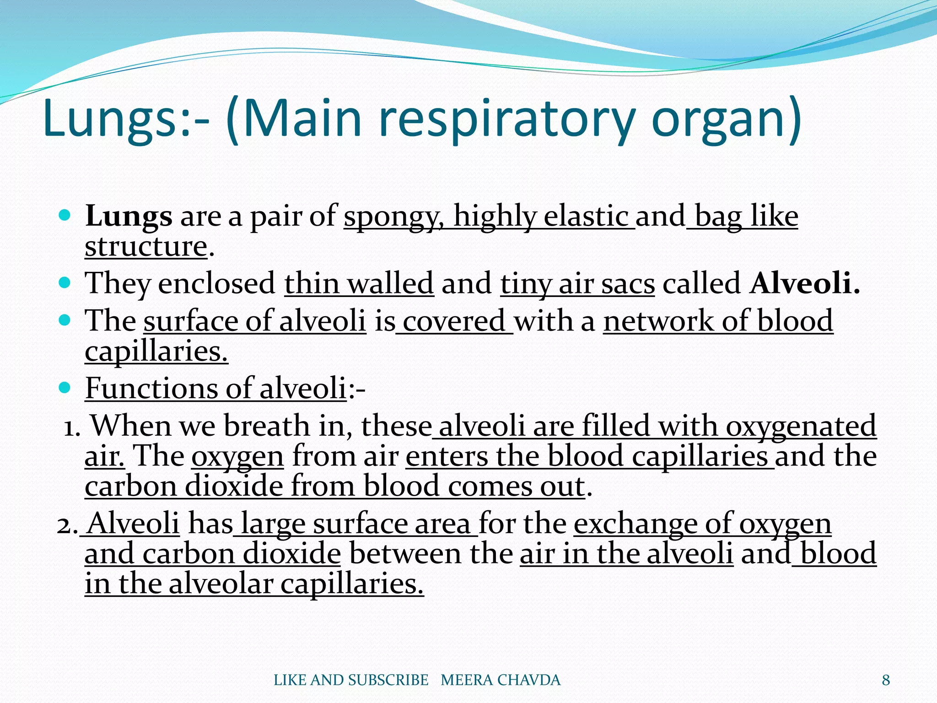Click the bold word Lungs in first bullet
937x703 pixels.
click(129, 217)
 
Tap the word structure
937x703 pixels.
click(146, 247)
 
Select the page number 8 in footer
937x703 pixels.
click(886, 680)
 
